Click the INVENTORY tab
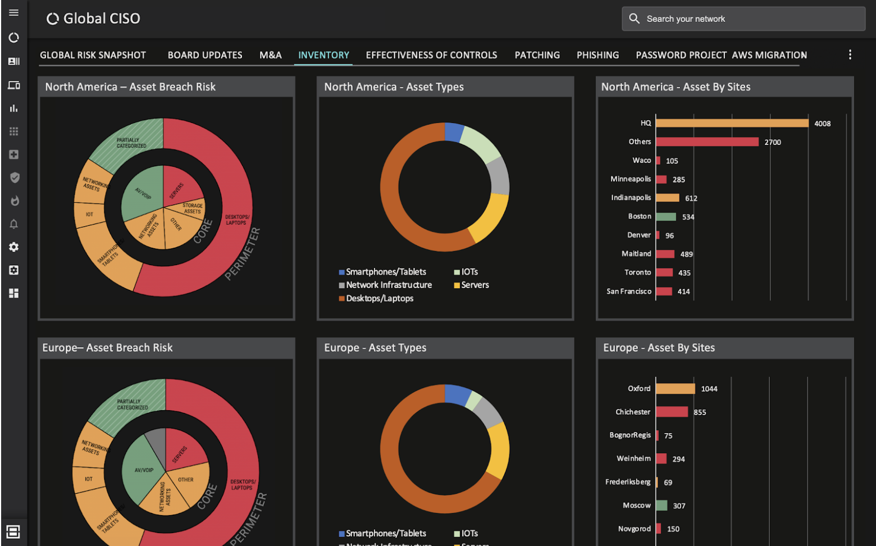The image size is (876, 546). [323, 55]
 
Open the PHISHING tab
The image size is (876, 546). [597, 55]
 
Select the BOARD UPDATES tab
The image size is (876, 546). [205, 55]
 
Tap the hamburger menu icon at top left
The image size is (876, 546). [14, 12]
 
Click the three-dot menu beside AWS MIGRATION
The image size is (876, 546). [850, 54]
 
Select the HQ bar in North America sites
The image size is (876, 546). [732, 123]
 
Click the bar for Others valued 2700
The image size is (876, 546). [707, 142]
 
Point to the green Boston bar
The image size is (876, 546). [666, 217]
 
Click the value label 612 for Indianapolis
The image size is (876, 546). [691, 198]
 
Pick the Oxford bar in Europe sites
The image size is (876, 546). [676, 389]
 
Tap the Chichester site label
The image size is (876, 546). [633, 412]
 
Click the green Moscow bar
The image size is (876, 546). [662, 506]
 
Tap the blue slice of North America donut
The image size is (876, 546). [453, 132]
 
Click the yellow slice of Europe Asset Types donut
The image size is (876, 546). [498, 449]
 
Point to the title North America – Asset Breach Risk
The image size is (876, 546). [130, 87]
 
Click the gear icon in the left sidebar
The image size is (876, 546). [14, 247]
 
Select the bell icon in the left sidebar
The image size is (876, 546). [14, 224]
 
